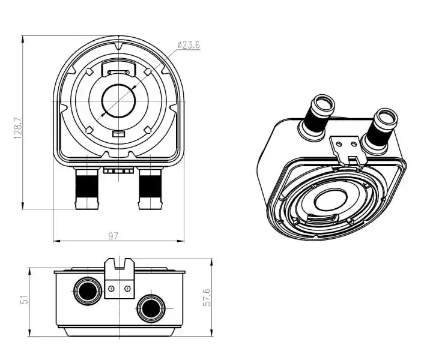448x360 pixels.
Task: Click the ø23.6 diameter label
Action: (189, 45)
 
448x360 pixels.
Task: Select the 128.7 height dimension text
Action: (18, 128)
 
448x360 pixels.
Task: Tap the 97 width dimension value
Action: (113, 236)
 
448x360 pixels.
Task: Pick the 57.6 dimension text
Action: (207, 297)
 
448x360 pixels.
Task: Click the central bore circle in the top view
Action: (118, 101)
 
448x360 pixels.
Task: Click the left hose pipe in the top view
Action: (87, 188)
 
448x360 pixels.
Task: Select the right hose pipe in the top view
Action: (150, 188)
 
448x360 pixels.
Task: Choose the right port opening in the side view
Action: (151, 308)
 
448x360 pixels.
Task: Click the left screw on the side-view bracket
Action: (112, 289)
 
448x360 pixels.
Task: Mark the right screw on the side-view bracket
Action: (127, 289)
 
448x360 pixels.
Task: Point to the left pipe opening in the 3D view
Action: (324, 104)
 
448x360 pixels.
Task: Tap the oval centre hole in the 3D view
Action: (330, 199)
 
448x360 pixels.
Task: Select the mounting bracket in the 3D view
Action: (348, 150)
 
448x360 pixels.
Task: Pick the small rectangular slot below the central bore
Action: (118, 134)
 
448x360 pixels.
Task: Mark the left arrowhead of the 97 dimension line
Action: (56, 241)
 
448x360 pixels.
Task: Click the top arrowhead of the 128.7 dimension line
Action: (22, 40)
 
